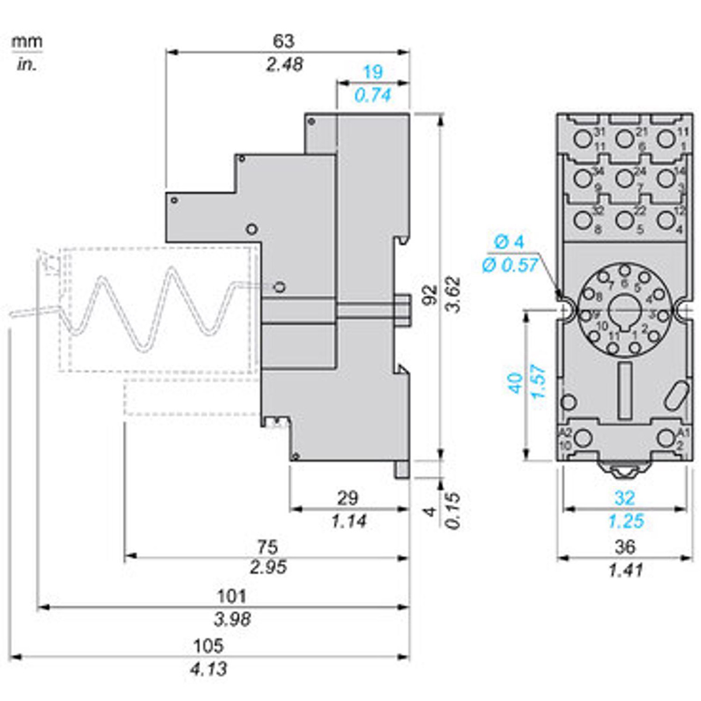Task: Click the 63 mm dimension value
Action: pos(284,41)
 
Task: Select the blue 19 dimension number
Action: pos(373,72)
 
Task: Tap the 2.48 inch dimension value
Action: pos(284,64)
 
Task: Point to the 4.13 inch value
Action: pos(209,668)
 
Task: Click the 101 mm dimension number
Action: pos(232,596)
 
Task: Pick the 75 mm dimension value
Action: pos(268,547)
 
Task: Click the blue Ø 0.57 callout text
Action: pos(509,265)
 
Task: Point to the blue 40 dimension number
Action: pos(516,383)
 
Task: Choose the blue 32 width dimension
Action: pos(624,498)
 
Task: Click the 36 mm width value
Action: pos(625,547)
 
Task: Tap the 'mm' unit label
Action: pos(27,42)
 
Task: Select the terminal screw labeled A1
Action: pos(665,438)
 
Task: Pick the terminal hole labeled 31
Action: pos(582,138)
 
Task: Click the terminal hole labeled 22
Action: pos(624,220)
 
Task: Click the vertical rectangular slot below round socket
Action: pos(624,390)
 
